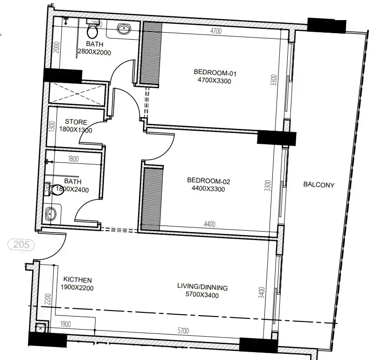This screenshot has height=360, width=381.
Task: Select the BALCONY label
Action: pyautogui.click(x=319, y=185)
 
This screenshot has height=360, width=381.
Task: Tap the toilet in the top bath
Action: pyautogui.click(x=92, y=31)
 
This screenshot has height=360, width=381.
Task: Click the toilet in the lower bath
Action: pyautogui.click(x=57, y=189)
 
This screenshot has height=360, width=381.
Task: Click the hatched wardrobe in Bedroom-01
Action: pyautogui.click(x=152, y=55)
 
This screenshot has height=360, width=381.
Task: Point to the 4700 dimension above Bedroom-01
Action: pyautogui.click(x=215, y=31)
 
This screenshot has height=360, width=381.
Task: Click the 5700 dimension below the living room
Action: pyautogui.click(x=183, y=331)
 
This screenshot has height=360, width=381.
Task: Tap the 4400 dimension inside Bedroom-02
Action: pyautogui.click(x=209, y=225)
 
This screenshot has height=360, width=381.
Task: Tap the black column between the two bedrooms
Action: pyautogui.click(x=277, y=138)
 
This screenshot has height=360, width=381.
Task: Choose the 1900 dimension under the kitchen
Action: pyautogui.click(x=65, y=324)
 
